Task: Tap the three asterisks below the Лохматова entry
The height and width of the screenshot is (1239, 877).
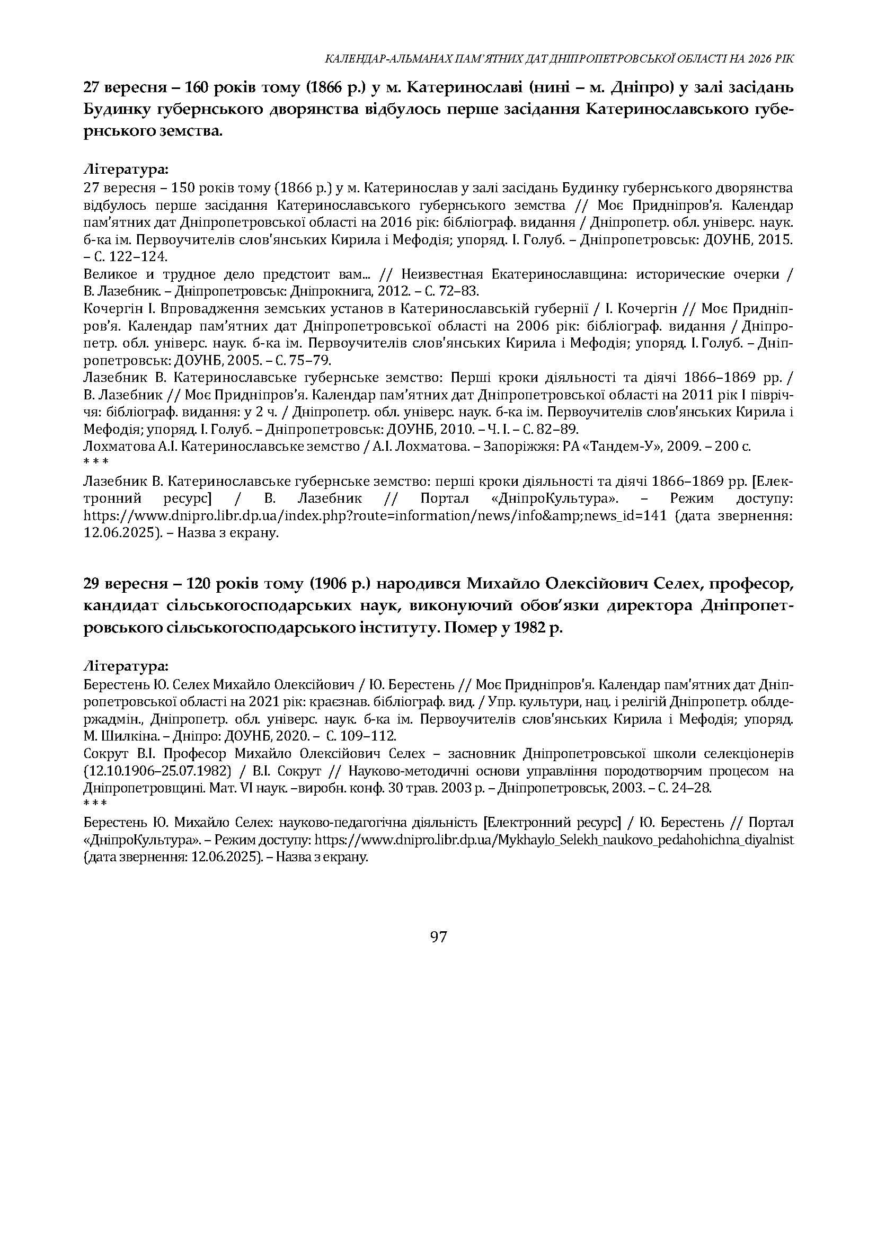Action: [96, 462]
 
